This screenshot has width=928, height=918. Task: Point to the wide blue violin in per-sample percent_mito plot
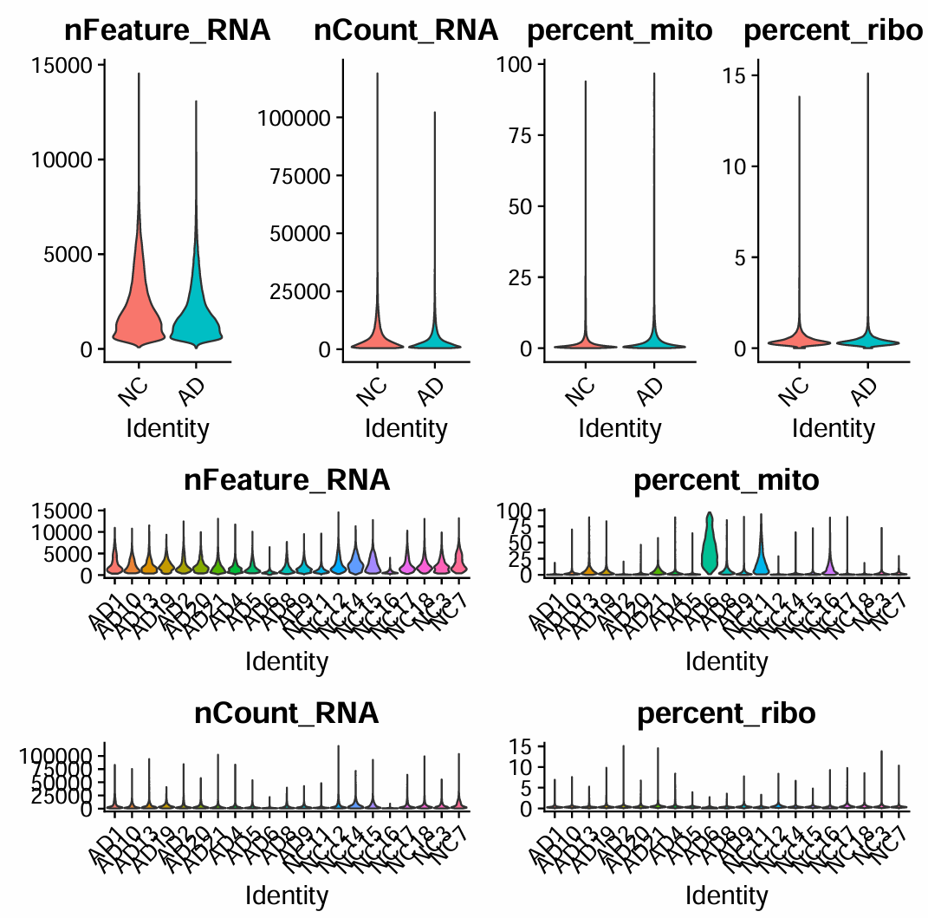[761, 559]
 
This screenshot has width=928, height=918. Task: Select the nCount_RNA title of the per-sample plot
[287, 713]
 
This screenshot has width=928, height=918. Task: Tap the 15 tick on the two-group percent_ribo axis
[737, 75]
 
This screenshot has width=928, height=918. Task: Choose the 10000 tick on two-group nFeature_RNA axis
[67, 160]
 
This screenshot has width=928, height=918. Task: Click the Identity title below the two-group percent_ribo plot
[833, 428]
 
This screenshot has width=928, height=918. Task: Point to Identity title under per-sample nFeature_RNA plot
[287, 662]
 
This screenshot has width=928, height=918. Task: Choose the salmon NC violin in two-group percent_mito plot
[585, 342]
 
